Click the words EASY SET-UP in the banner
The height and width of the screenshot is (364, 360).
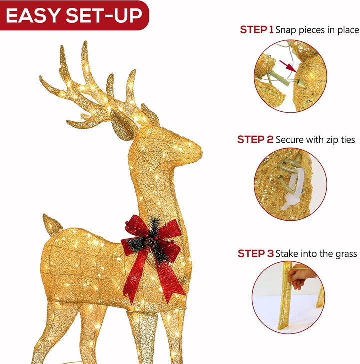click(74, 16)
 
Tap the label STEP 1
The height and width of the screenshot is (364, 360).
click(257, 30)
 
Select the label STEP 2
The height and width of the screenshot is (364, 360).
click(255, 140)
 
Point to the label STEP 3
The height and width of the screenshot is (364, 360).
click(256, 253)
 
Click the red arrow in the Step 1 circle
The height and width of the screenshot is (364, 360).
click(288, 66)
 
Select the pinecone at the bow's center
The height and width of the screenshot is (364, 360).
click(150, 243)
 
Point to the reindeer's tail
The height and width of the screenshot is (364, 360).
click(52, 224)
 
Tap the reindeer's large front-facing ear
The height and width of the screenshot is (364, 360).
click(123, 125)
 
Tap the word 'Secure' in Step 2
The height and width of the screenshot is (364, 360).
click(290, 140)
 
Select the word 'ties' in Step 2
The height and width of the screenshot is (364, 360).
click(348, 140)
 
